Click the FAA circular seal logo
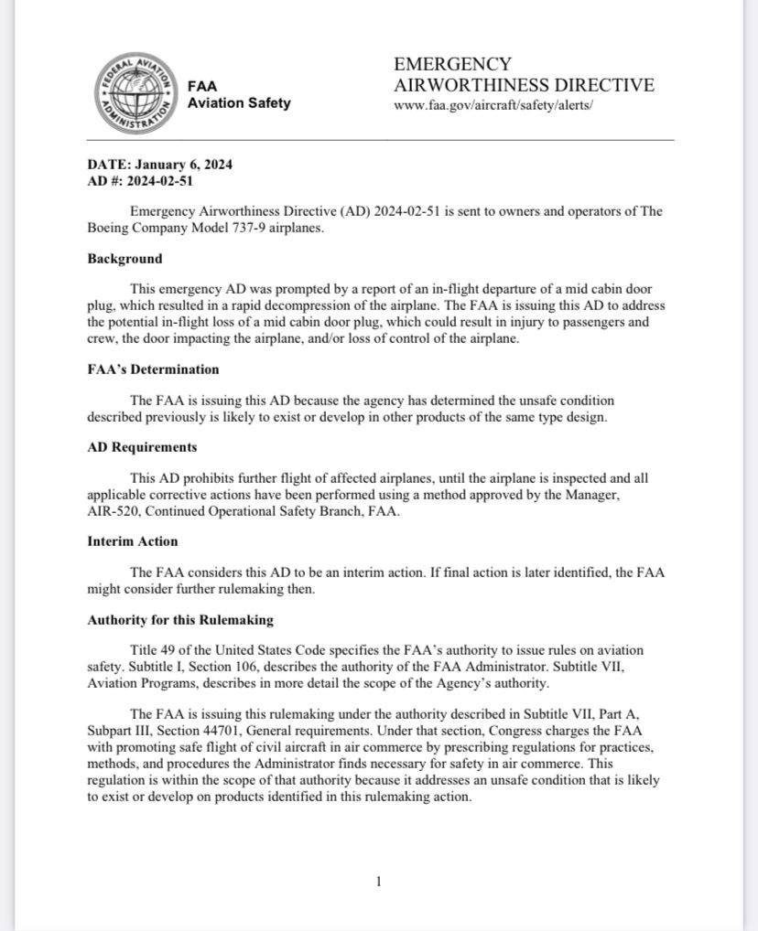pyautogui.click(x=135, y=93)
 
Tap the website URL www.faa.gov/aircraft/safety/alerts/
pyautogui.click(x=493, y=105)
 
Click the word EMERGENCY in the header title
pyautogui.click(x=452, y=64)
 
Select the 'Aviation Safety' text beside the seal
pyautogui.click(x=239, y=102)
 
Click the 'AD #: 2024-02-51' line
pyautogui.click(x=140, y=180)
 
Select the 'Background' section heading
pyautogui.click(x=125, y=259)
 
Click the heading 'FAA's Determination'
pyautogui.click(x=153, y=369)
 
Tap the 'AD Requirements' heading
pyautogui.click(x=142, y=447)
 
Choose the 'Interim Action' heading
pyautogui.click(x=132, y=541)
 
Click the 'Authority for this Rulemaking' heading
pyautogui.click(x=180, y=620)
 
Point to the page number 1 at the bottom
pyautogui.click(x=378, y=882)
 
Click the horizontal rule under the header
pyautogui.click(x=380, y=140)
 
